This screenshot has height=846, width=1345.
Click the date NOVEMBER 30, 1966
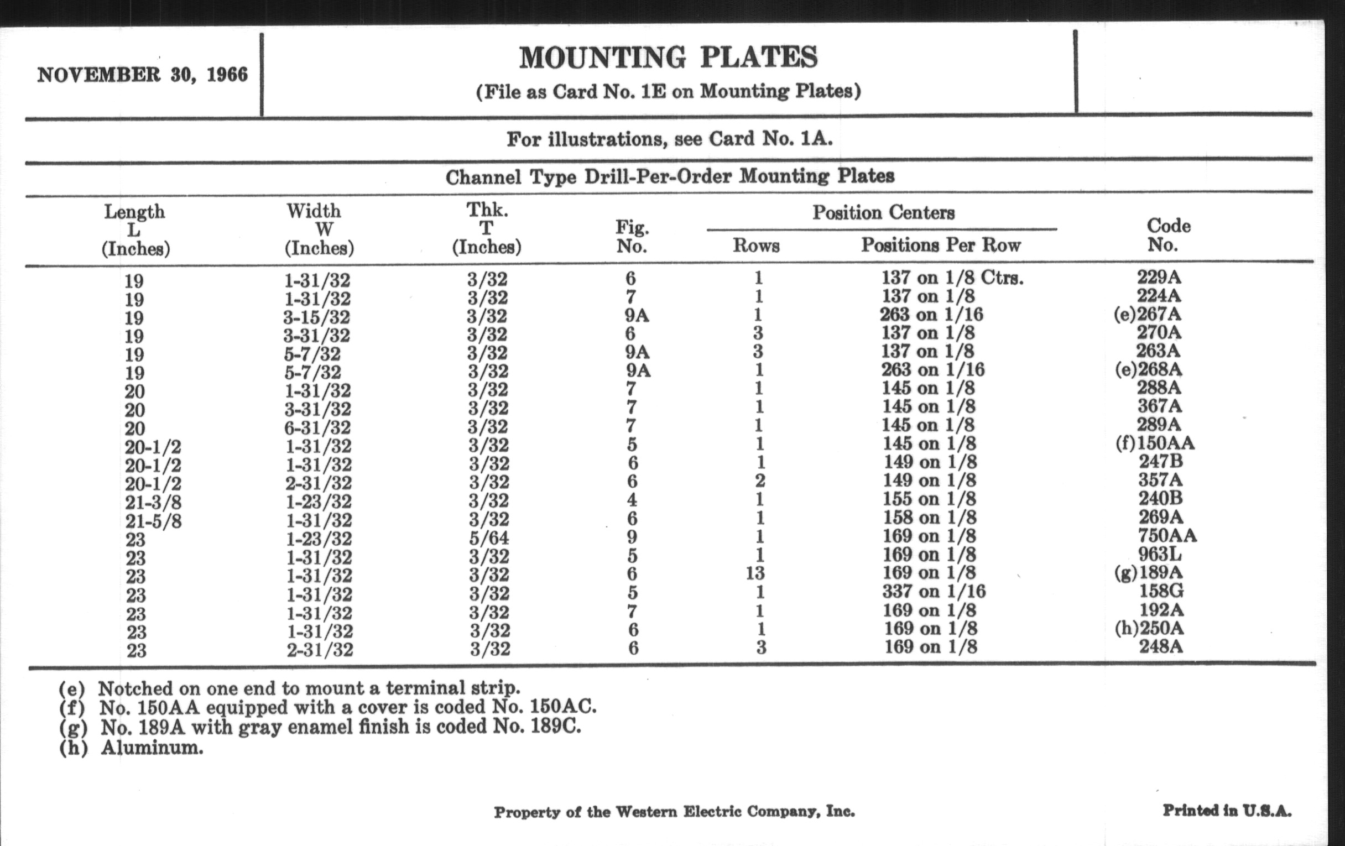click(x=143, y=75)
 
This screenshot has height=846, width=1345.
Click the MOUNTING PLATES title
click(x=668, y=58)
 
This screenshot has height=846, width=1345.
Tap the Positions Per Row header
click(x=941, y=245)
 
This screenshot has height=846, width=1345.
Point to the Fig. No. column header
click(x=632, y=236)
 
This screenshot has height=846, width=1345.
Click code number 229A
click(x=1159, y=277)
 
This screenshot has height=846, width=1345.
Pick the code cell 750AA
click(x=1167, y=535)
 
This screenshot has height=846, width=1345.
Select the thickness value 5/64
click(x=488, y=537)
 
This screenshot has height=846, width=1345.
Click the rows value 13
click(x=755, y=573)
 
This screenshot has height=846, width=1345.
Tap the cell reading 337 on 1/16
click(x=934, y=591)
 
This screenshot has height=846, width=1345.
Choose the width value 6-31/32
click(x=318, y=428)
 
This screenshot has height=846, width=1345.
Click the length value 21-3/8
click(x=153, y=503)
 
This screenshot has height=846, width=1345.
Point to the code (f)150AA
click(x=1155, y=443)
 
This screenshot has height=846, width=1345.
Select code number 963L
click(x=1159, y=554)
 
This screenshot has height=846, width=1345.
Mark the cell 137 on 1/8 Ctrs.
click(x=952, y=278)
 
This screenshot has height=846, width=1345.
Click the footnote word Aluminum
click(x=152, y=748)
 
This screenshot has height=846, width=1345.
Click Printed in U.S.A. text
click(x=1227, y=810)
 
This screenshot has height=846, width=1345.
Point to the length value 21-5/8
click(x=153, y=521)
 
